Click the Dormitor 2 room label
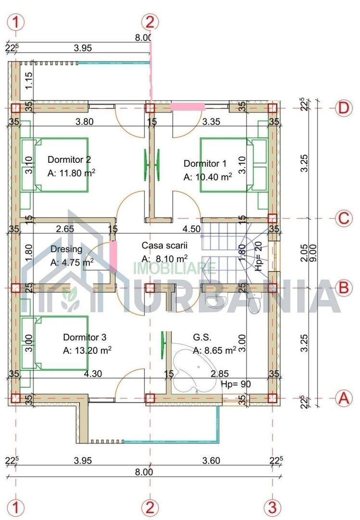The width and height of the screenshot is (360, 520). click(69, 159)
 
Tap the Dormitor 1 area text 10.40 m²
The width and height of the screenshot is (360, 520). click(207, 177)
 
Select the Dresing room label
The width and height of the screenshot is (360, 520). click(66, 249)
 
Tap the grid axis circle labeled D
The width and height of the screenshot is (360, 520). click(343, 108)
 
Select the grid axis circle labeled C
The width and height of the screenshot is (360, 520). click(343, 218)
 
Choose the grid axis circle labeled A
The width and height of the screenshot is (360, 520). click(343, 398)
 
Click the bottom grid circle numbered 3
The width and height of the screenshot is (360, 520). click(272, 507)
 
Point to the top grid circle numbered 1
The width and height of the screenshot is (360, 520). click(16, 22)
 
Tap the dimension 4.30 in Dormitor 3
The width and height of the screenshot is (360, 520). click(92, 373)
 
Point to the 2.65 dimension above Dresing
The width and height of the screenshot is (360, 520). click(65, 229)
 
